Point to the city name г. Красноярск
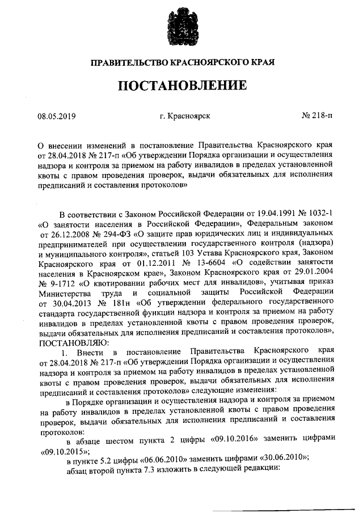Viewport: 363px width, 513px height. [185, 116]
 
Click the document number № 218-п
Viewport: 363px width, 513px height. [318, 116]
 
